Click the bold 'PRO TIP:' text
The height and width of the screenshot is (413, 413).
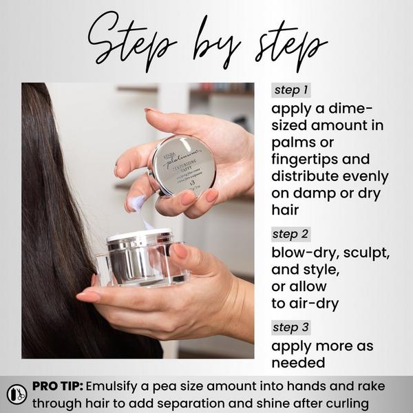pos(57,386)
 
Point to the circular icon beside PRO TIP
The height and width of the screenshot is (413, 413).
pos(17,394)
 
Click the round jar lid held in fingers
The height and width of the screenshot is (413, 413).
pos(182,165)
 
